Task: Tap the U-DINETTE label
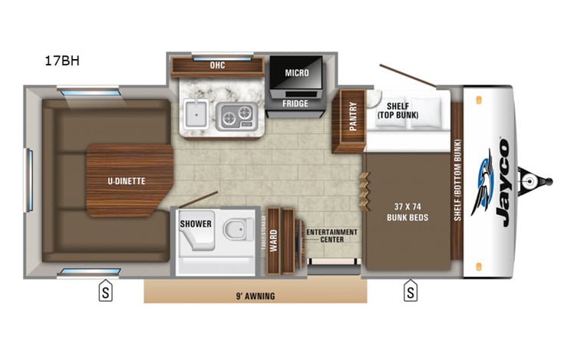[126, 181]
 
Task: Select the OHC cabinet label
[216, 66]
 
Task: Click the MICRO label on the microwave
[296, 73]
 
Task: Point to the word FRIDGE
[295, 103]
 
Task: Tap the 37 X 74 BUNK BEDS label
[407, 212]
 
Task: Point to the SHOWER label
[196, 224]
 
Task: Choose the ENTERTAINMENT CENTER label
[332, 236]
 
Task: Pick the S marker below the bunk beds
[411, 292]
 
